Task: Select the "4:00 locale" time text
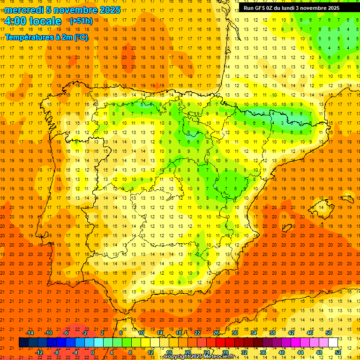[33, 21]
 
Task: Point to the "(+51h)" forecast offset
[81, 21]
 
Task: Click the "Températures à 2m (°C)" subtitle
[46, 37]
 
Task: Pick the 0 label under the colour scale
[93, 352]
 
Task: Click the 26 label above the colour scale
[216, 332]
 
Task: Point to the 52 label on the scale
[338, 352]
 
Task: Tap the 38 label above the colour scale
[272, 332]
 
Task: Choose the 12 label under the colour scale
[150, 352]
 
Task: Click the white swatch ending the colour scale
[333, 343]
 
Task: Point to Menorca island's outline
[347, 199]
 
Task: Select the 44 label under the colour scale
[300, 352]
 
